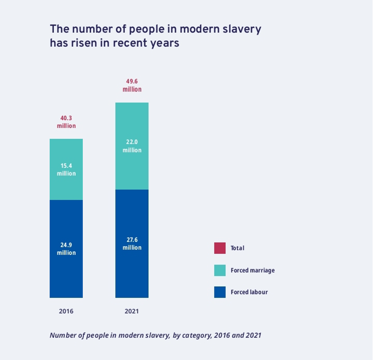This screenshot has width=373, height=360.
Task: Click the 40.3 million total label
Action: tap(66, 122)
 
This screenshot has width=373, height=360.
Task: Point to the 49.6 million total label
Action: tap(132, 85)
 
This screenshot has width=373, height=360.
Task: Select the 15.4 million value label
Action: tap(66, 169)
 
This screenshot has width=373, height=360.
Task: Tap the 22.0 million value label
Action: tap(132, 146)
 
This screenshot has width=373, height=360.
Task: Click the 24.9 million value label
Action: tap(66, 249)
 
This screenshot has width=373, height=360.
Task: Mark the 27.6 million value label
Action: tap(132, 244)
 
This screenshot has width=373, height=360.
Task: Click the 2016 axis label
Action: tap(66, 311)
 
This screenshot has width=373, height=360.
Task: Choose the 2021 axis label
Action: tap(132, 311)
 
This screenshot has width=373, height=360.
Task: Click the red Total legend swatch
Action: tap(220, 248)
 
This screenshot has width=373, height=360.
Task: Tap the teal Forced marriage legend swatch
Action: tap(220, 270)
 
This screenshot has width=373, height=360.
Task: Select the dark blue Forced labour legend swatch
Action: tap(220, 292)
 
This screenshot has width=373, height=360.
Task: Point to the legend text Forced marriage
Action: tap(252, 270)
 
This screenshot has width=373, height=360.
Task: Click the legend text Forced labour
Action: tap(249, 292)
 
